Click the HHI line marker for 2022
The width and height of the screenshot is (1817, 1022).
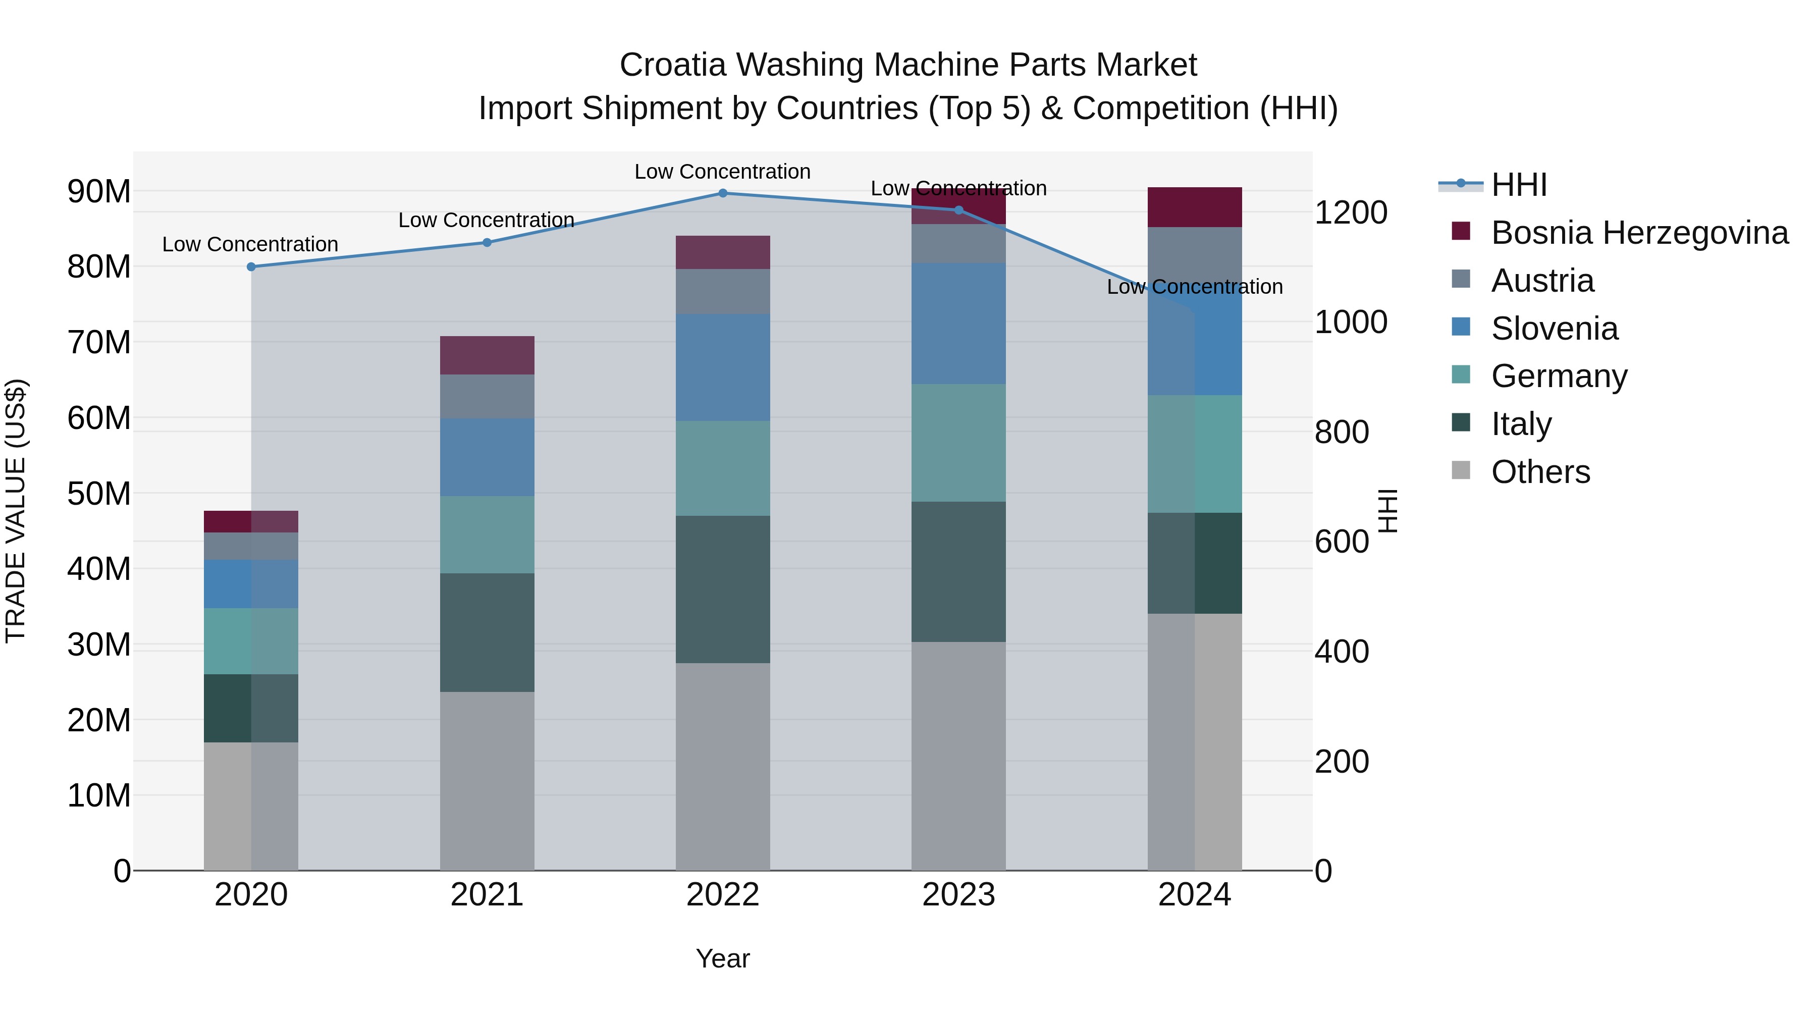pos(722,193)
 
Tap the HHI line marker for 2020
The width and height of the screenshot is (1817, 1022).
pos(251,266)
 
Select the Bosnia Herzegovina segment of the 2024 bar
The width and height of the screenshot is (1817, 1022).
pos(1194,207)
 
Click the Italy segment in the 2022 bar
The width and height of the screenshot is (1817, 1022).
pos(722,589)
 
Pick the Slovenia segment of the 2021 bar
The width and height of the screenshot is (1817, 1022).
pos(487,457)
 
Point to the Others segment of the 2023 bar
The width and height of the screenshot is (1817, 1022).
pos(958,756)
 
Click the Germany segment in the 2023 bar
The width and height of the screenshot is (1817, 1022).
pos(958,443)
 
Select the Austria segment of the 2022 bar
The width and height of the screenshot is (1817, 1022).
pos(722,291)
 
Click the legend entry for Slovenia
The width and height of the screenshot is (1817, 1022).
pos(1554,329)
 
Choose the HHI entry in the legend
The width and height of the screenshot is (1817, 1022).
pos(1519,185)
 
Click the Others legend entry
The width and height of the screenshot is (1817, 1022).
pos(1540,472)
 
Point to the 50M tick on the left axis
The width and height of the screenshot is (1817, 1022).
pos(99,494)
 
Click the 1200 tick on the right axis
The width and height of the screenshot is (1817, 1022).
pos(1350,212)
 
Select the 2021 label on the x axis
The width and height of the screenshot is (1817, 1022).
pos(487,895)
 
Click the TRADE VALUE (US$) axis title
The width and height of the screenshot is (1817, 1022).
pos(16,511)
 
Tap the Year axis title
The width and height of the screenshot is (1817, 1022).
pos(722,958)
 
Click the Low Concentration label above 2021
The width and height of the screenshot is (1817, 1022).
pos(486,220)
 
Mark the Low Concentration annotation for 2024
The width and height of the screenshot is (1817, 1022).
pos(1194,287)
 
